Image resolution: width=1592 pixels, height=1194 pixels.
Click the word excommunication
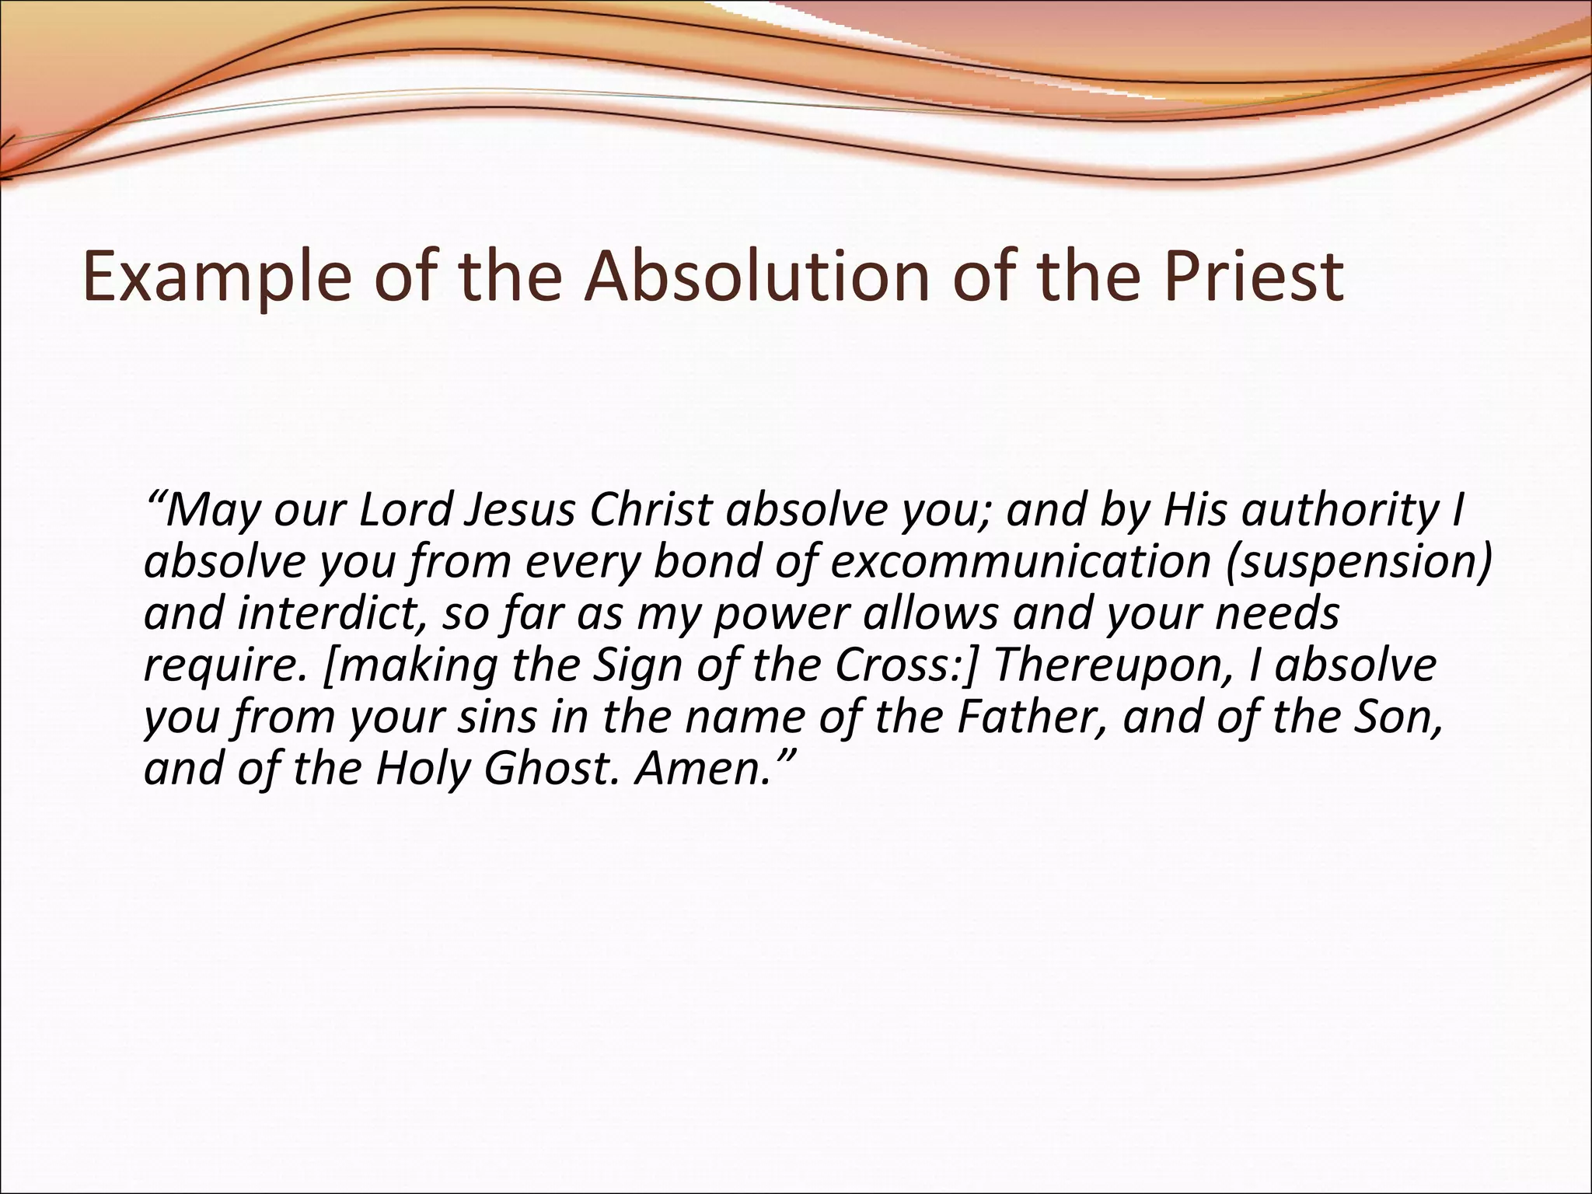pyautogui.click(x=1018, y=563)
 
